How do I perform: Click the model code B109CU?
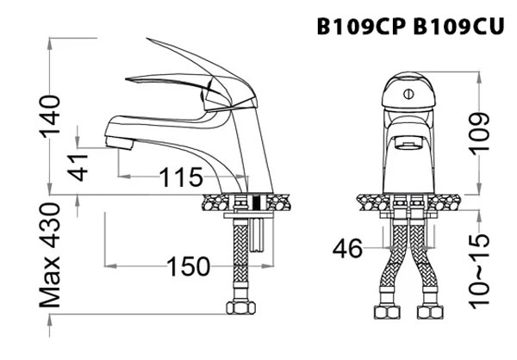(x=459, y=27)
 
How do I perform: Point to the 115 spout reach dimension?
(x=180, y=178)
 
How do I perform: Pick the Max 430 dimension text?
(x=53, y=257)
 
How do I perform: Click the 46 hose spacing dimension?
(x=349, y=250)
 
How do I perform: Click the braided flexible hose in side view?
(x=235, y=258)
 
